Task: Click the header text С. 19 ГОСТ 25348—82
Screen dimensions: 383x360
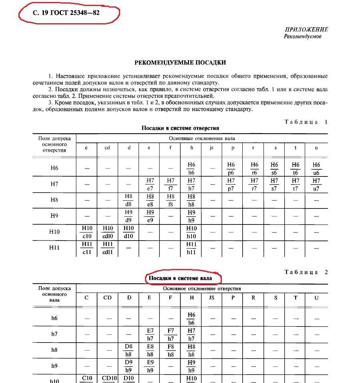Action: (66, 12)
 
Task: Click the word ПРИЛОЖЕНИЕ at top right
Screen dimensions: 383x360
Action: (306, 30)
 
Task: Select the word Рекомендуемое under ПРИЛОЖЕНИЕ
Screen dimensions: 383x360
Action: (303, 36)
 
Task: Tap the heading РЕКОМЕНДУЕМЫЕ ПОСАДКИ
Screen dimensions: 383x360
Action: (180, 63)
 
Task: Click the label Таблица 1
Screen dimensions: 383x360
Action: (306, 122)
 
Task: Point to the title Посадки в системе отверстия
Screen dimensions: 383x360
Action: (180, 128)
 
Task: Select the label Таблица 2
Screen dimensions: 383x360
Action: (306, 272)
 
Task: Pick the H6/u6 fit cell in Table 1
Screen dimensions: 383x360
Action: (316, 168)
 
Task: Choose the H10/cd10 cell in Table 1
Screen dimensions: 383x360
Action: (107, 232)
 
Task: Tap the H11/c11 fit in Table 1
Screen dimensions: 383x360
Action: (86, 248)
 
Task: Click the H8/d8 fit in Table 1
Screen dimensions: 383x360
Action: (129, 200)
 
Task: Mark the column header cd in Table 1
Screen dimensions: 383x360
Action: (107, 148)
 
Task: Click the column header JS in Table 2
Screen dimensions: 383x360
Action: (212, 298)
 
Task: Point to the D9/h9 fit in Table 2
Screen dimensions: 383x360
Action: (129, 366)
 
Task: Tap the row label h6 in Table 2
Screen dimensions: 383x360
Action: (54, 319)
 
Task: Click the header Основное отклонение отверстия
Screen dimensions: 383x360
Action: (202, 288)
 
